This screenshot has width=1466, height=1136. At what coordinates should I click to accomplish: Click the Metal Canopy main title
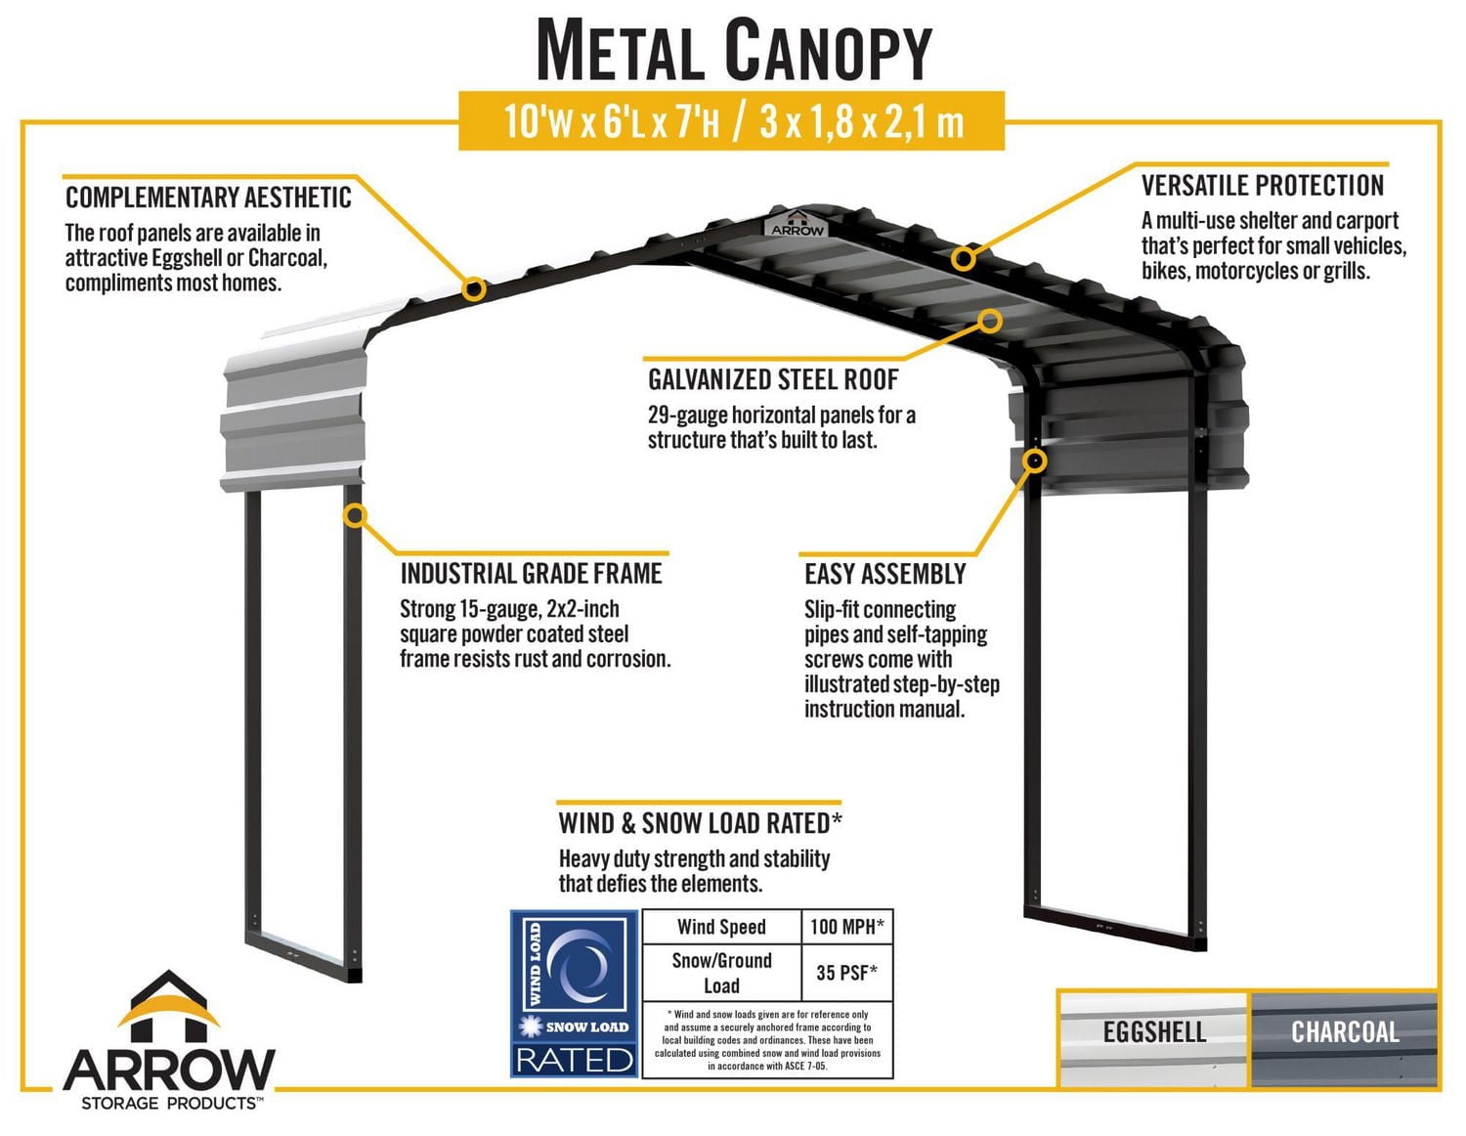click(x=733, y=51)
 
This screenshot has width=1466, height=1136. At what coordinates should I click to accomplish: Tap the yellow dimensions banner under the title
click(x=732, y=122)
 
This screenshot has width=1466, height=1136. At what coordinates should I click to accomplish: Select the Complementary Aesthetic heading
click(x=208, y=198)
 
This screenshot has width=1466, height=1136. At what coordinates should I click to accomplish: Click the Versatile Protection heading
click(x=1263, y=186)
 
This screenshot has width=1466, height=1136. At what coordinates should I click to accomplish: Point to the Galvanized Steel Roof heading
click(x=773, y=379)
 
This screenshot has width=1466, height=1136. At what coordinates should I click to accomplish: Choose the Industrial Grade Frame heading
click(x=531, y=574)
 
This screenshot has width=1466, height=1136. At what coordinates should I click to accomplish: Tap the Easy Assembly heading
click(x=884, y=574)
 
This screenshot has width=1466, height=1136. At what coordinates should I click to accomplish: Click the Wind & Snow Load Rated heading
click(x=700, y=823)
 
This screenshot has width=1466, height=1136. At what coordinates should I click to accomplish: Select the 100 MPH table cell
click(x=846, y=926)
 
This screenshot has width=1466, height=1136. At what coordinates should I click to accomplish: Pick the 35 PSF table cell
click(x=846, y=972)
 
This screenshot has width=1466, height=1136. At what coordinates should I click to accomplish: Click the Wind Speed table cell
click(x=721, y=926)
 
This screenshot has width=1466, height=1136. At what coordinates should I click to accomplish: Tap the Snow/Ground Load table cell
click(x=721, y=972)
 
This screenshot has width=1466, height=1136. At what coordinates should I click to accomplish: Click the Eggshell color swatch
click(x=1153, y=1038)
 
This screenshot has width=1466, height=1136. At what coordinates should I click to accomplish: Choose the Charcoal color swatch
click(x=1345, y=1038)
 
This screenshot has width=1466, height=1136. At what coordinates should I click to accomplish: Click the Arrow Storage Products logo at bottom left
click(x=169, y=1044)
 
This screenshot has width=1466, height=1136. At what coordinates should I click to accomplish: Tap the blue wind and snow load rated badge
click(x=575, y=993)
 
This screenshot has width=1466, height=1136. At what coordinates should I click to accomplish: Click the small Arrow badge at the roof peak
click(x=798, y=224)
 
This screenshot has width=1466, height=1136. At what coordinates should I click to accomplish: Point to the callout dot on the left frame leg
click(x=355, y=515)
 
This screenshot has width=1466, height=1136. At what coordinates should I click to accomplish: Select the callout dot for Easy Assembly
click(x=1035, y=460)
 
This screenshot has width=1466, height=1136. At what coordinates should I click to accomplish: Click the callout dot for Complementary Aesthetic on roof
click(x=474, y=288)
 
